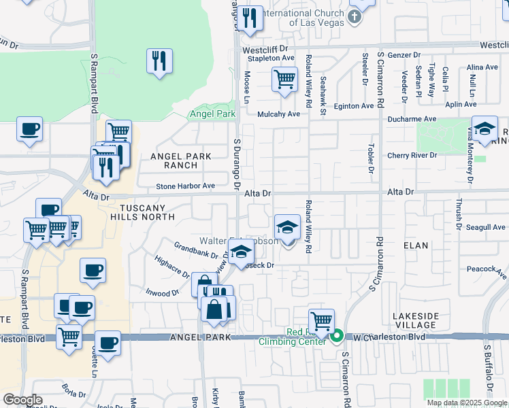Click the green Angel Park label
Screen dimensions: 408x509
[x=212, y=114]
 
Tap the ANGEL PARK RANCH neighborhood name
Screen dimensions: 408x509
[x=182, y=160]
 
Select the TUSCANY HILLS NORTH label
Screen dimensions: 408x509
[x=147, y=211]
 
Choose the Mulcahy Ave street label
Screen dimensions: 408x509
[x=278, y=114]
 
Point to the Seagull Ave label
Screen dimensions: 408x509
[x=486, y=227]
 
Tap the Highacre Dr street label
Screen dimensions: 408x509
[x=171, y=267]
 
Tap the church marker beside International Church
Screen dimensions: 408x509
[x=354, y=17]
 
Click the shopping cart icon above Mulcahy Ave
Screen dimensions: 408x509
[x=284, y=79]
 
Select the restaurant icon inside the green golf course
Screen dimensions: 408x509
[x=159, y=61]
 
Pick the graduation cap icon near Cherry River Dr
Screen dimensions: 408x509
[x=484, y=129]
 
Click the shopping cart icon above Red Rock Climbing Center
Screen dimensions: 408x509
[x=321, y=320]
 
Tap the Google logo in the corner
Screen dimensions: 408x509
[x=23, y=400]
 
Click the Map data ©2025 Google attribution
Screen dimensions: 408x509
[x=466, y=403]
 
